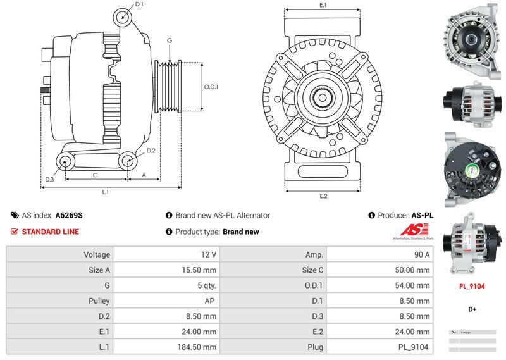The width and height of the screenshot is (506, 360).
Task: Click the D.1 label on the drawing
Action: pyautogui.click(x=139, y=4)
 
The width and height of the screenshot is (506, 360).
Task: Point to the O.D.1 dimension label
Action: pyautogui.click(x=211, y=87)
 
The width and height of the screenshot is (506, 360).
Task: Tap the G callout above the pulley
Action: pyautogui.click(x=169, y=40)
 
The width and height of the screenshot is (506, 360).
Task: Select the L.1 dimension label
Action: pyautogui.click(x=106, y=191)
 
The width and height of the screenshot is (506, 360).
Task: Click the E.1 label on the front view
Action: pyautogui.click(x=323, y=5)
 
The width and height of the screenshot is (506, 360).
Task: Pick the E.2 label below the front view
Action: pyautogui.click(x=323, y=196)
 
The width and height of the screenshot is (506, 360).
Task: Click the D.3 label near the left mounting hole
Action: pyautogui.click(x=49, y=180)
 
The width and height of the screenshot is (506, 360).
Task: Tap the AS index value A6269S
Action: pyautogui.click(x=69, y=215)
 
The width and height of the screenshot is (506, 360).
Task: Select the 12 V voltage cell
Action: pyautogui.click(x=209, y=254)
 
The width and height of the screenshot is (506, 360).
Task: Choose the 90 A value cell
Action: pyautogui.click(x=423, y=254)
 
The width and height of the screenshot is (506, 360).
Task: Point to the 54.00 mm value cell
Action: pyautogui.click(x=414, y=285)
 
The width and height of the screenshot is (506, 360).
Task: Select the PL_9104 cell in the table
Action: pyautogui.click(x=414, y=347)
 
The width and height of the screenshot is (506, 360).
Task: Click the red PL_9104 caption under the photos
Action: pyautogui.click(x=471, y=286)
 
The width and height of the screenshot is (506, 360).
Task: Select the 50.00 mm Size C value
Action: pyautogui.click(x=414, y=270)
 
